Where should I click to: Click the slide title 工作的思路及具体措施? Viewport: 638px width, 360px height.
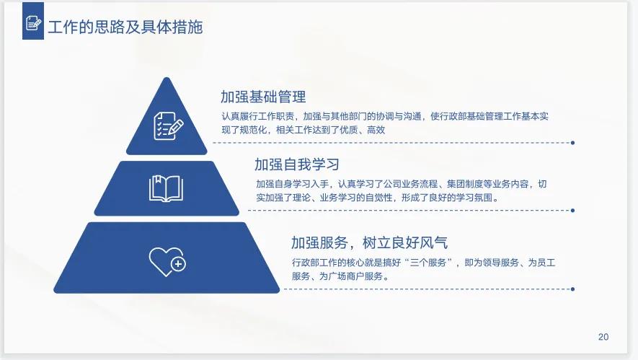coord(125,27)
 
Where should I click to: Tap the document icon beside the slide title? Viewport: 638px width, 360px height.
coord(33,25)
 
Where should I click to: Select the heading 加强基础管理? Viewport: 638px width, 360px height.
coord(263,97)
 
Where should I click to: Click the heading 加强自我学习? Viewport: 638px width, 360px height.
coord(296,164)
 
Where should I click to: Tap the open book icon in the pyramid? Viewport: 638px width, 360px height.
coord(167,188)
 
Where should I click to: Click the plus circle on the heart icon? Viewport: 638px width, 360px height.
coord(177,265)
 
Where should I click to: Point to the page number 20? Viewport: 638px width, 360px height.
coord(603,337)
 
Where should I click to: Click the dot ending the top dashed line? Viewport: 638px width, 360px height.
coord(572,143)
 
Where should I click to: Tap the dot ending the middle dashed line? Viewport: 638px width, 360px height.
coord(572,211)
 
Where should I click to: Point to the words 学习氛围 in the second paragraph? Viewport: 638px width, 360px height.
coord(478,198)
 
